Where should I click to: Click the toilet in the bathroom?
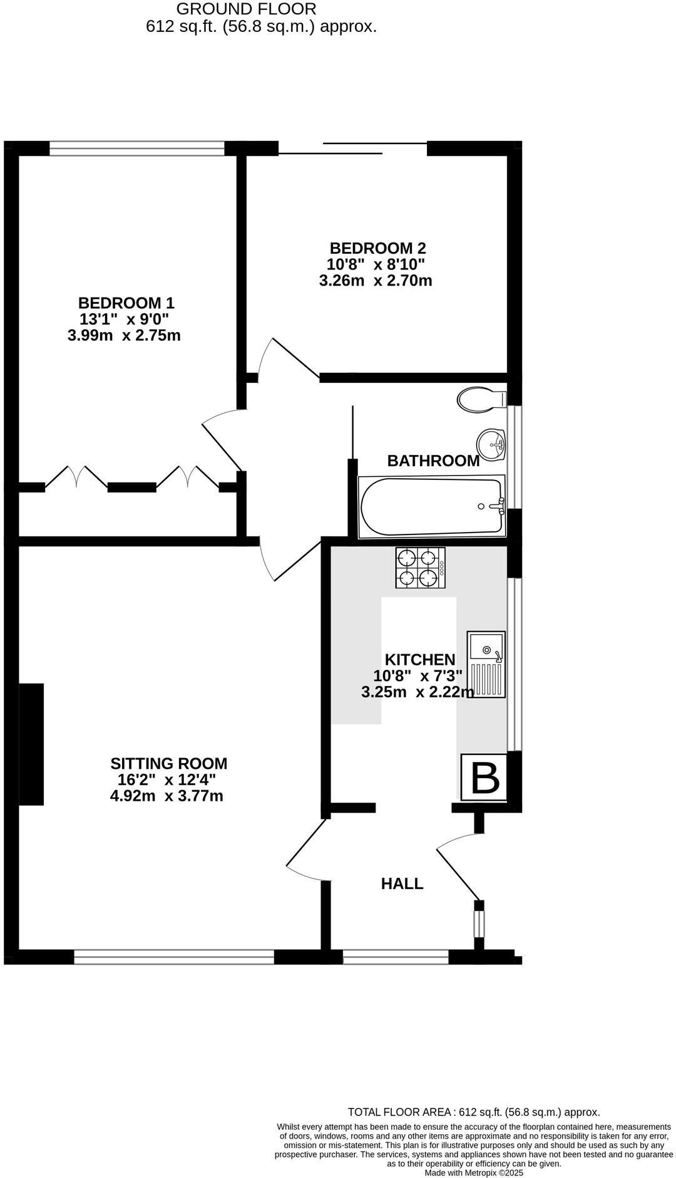(481, 399)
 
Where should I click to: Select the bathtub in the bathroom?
(432, 507)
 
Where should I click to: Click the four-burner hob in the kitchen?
(420, 568)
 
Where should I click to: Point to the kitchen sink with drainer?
(486, 664)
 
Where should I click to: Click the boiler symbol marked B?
(484, 777)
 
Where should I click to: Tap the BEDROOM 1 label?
(126, 303)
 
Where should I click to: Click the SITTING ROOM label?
(169, 764)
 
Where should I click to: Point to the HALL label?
(402, 884)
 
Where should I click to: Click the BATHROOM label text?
(433, 461)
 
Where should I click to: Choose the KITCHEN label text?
(419, 660)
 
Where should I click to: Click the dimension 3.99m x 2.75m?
(124, 336)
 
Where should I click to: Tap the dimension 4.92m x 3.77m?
(166, 796)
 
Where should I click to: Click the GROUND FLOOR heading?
(246, 9)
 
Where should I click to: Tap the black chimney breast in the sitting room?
(31, 744)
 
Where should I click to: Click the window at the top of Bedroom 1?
(136, 148)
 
